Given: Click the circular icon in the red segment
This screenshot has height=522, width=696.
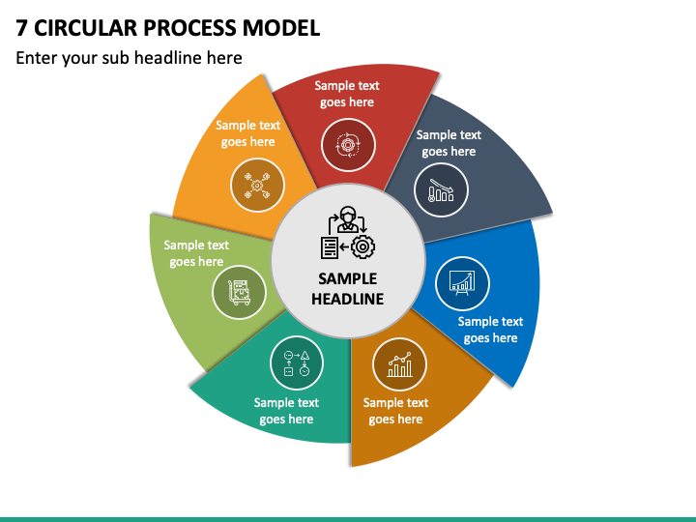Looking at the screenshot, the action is (348, 145).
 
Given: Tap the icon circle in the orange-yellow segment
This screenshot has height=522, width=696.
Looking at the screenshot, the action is (257, 185).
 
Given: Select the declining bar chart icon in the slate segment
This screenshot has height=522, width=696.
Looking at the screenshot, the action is (441, 190).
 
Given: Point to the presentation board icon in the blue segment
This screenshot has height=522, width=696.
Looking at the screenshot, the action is (462, 282).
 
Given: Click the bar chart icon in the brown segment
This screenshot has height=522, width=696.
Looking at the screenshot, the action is (399, 364).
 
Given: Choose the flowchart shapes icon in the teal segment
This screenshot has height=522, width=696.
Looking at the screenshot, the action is (297, 363).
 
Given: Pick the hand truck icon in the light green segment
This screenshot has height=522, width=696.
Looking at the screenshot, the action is (240, 293).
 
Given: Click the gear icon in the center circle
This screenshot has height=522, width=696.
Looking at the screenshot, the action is (362, 246).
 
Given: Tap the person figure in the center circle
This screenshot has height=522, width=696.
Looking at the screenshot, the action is (347, 219).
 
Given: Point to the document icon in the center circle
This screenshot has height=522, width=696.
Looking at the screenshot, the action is (330, 247).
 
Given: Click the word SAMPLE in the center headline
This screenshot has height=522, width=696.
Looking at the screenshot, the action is (348, 278).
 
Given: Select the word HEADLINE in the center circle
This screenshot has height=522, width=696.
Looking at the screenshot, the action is (348, 299).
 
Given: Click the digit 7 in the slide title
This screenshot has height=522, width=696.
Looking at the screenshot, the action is (21, 28).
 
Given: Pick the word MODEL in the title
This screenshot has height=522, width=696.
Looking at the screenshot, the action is (281, 28).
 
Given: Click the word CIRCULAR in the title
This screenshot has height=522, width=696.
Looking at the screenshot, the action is (86, 28).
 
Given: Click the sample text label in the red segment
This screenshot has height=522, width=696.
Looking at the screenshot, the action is (347, 94).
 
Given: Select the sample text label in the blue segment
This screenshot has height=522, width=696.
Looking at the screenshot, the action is (490, 330).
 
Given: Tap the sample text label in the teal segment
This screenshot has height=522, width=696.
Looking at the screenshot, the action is (286, 411).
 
